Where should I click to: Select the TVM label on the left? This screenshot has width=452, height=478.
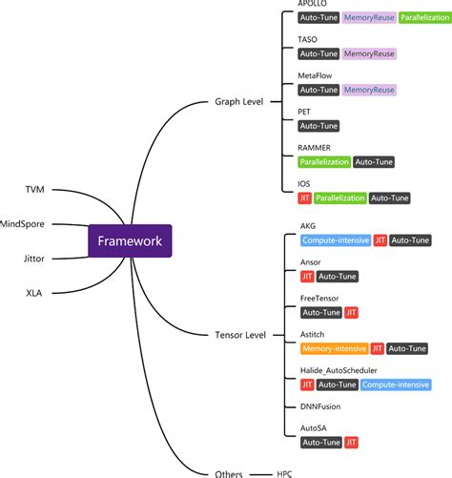pyautogui.click(x=35, y=190)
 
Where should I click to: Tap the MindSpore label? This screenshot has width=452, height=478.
pyautogui.click(x=22, y=224)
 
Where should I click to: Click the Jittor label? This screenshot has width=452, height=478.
pyautogui.click(x=32, y=259)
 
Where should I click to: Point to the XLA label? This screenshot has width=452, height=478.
pyautogui.click(x=34, y=293)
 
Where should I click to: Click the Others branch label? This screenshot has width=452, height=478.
pyautogui.click(x=233, y=472)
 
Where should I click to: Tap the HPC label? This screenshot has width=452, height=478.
pyautogui.click(x=285, y=472)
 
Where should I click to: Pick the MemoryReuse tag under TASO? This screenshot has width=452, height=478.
pyautogui.click(x=368, y=54)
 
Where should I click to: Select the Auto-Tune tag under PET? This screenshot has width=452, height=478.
pyautogui.click(x=318, y=126)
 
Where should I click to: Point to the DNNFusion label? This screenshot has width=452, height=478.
pyautogui.click(x=321, y=406)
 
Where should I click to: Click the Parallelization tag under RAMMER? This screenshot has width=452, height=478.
pyautogui.click(x=323, y=162)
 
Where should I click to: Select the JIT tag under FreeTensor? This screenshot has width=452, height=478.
pyautogui.click(x=352, y=312)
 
